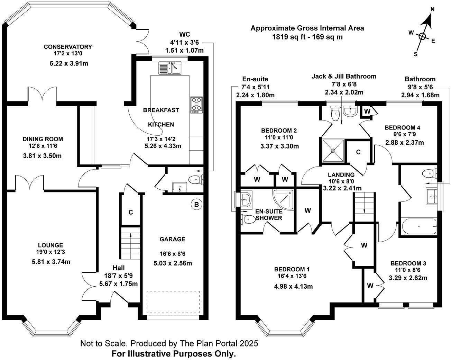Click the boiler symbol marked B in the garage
coord(196,205)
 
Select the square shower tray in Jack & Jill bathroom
coord(333,150)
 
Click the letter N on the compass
coord(432,10)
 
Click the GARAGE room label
coord(172,239)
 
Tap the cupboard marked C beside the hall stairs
coord(131,212)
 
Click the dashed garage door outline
coord(173,301)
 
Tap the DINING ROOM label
coord(43,139)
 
